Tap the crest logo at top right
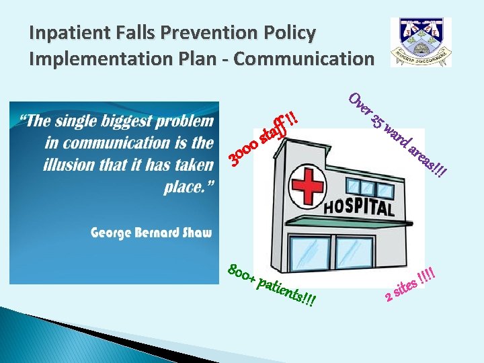pyautogui.click(x=421, y=42)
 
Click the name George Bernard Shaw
pyautogui.click(x=152, y=233)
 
